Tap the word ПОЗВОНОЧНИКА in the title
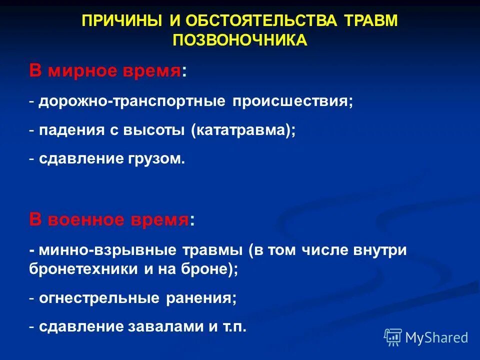click(240, 40)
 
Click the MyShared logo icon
click(393, 337)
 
